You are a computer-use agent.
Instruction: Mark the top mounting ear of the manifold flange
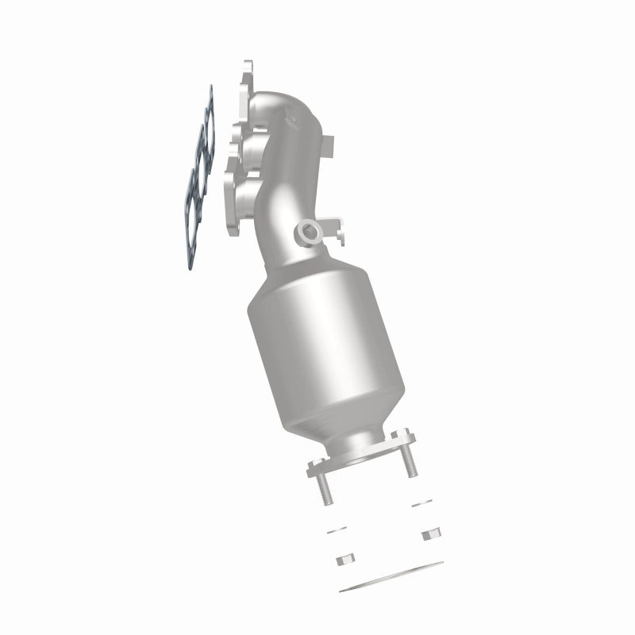pos(246,71)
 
